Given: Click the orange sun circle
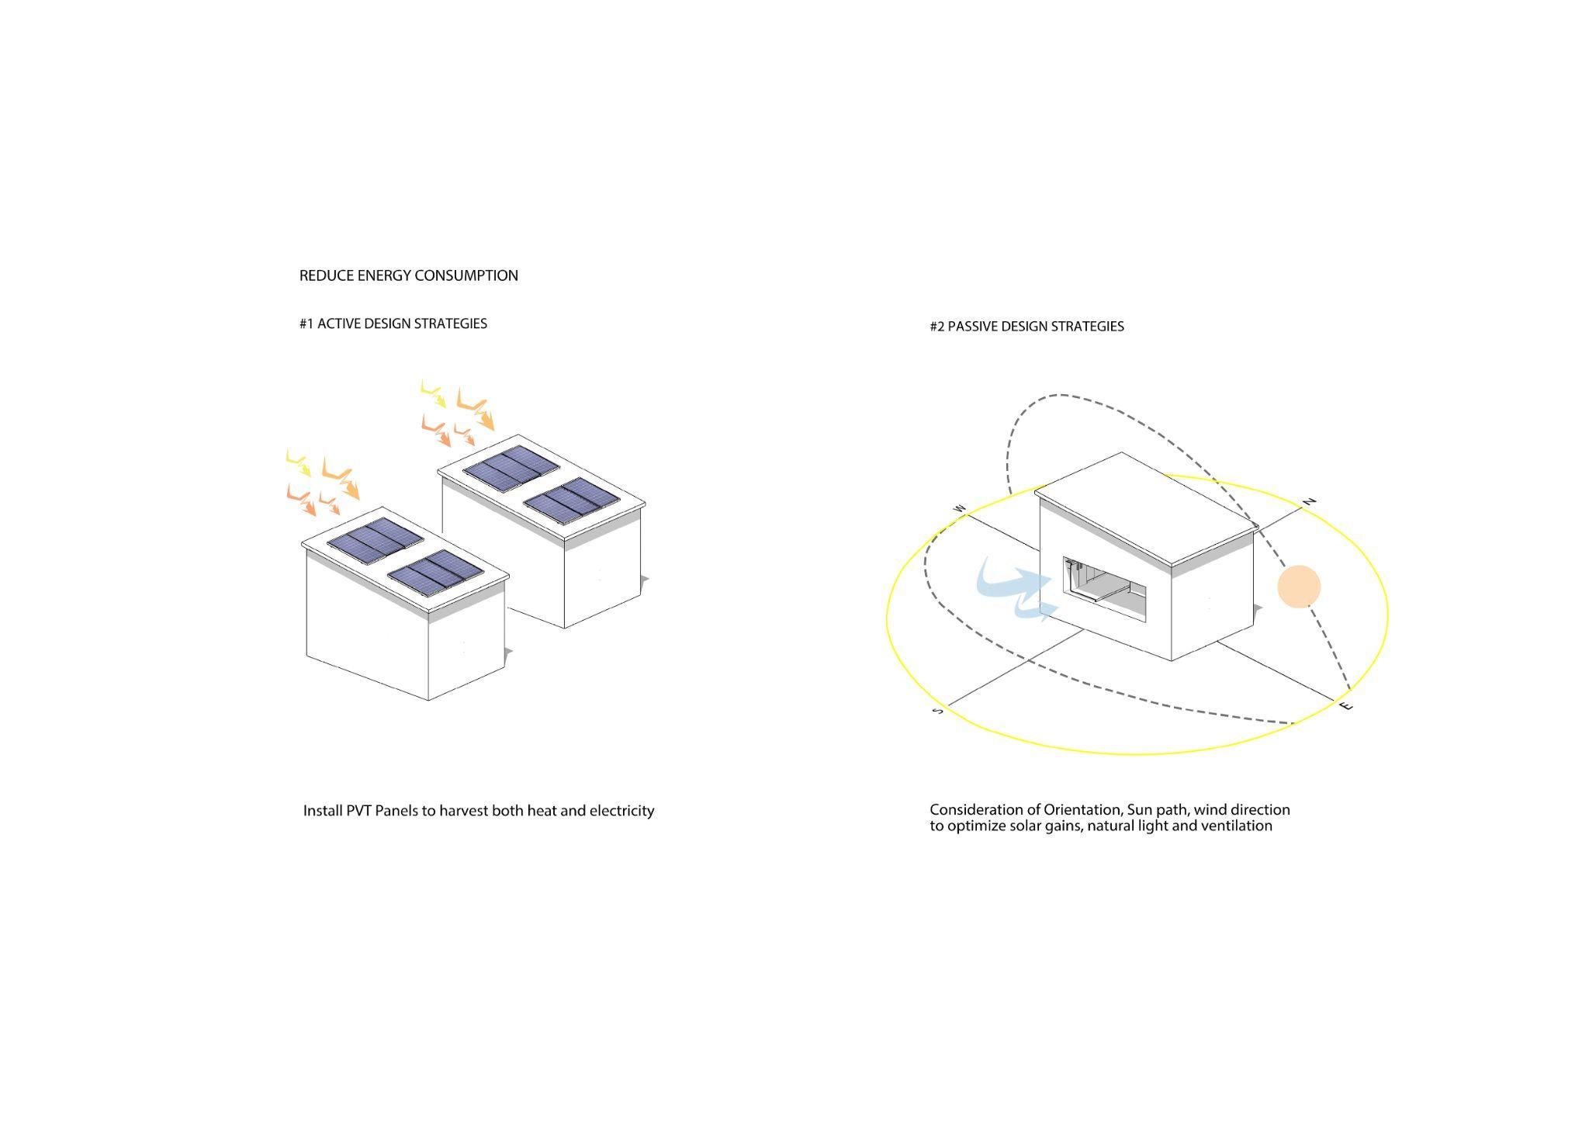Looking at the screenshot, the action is (1299, 587).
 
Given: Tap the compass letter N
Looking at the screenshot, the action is (1310, 501).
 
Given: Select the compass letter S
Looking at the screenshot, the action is (938, 710).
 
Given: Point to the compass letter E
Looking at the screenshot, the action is (1348, 706).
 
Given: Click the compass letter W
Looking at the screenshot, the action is (960, 509).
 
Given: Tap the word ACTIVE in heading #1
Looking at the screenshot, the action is (338, 324).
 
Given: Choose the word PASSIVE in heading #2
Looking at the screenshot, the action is (973, 327).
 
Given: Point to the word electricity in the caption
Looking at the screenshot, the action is (621, 811).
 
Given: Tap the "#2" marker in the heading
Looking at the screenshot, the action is (937, 327).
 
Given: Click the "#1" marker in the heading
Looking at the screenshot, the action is (306, 324).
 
